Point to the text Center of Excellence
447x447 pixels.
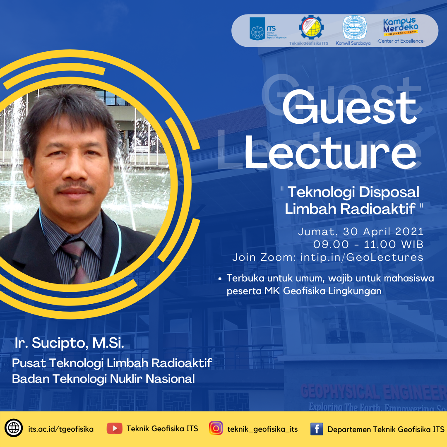(x=401, y=41)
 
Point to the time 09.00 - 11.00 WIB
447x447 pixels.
(x=368, y=244)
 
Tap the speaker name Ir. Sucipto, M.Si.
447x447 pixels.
(x=69, y=343)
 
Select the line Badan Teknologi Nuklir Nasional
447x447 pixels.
(x=103, y=378)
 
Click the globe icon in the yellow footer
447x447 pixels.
(x=14, y=428)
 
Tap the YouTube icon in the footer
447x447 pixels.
(x=114, y=428)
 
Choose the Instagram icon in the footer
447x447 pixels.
(x=216, y=428)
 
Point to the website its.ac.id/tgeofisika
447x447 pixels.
(x=61, y=429)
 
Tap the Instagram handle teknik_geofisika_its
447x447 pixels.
(x=262, y=429)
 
